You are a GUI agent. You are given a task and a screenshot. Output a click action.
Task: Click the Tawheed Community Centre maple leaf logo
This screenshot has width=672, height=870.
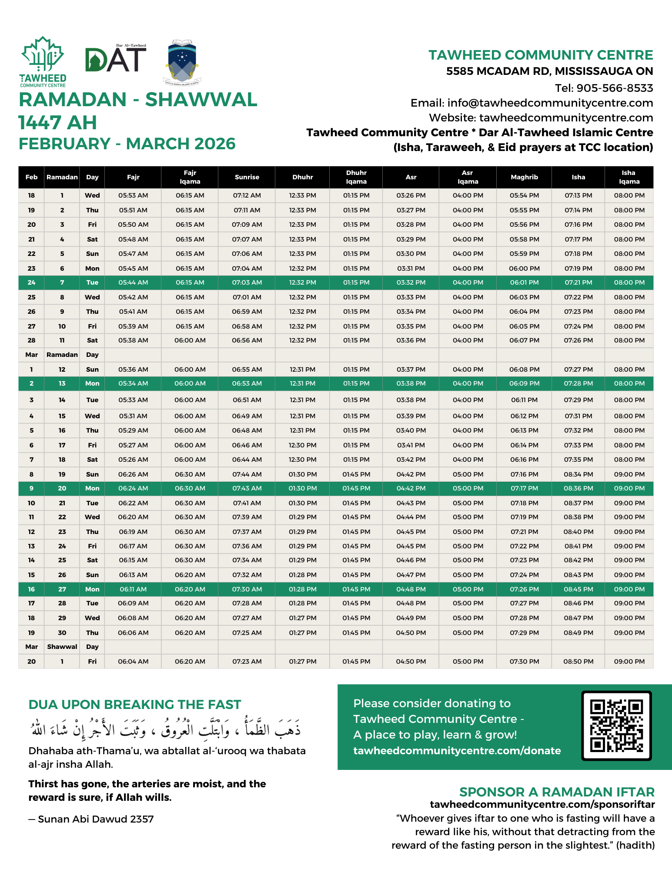pos(43,61)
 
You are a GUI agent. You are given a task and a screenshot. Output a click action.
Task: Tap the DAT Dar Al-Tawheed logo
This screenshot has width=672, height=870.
pos(116,59)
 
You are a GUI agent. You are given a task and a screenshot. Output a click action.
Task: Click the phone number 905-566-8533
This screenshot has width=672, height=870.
pos(615,88)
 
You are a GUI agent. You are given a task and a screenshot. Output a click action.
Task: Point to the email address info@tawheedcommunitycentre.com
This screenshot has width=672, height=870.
pos(550,103)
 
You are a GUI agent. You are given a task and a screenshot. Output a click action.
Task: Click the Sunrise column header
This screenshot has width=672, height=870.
pos(247,177)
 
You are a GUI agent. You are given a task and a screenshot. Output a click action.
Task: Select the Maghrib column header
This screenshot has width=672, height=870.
pos(524,177)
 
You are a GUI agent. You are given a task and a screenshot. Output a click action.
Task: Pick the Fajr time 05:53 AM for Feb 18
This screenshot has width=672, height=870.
pos(133,195)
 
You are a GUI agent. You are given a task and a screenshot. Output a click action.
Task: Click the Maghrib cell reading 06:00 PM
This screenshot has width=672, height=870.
pos(524,269)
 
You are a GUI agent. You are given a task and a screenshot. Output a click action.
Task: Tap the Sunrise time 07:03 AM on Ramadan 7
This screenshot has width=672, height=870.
pos(247,282)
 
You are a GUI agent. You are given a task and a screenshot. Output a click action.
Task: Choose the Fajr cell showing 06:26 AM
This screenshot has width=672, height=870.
pos(133,474)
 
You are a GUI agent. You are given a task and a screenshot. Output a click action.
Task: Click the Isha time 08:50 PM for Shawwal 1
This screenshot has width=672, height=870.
pos(578,662)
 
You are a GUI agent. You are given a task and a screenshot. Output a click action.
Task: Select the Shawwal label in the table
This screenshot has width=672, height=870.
pos(62,647)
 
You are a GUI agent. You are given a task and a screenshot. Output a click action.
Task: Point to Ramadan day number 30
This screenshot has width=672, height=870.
pos(62,633)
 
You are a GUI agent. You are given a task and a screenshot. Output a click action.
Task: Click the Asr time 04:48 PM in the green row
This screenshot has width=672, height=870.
pos(411,589)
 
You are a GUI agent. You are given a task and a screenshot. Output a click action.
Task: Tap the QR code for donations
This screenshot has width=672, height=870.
pos(616,726)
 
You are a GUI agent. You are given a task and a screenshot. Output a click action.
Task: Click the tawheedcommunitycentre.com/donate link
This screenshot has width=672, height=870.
pos(457,751)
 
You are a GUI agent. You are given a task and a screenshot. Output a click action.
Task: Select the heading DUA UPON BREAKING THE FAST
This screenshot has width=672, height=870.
pos(134,705)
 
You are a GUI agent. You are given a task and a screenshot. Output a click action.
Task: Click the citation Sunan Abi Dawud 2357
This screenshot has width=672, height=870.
pos(96,819)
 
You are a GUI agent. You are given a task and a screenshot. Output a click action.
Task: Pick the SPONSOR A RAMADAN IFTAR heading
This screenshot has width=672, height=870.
pos(557,792)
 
